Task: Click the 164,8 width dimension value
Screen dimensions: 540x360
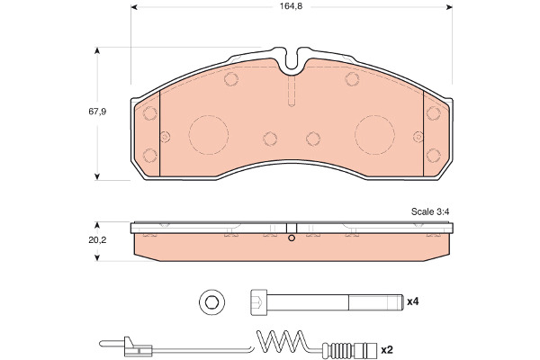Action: click(291, 6)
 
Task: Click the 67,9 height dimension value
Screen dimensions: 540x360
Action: click(97, 112)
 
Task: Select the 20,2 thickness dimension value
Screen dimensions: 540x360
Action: click(97, 240)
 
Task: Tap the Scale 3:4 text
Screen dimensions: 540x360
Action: click(430, 211)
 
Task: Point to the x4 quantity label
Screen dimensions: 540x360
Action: click(412, 301)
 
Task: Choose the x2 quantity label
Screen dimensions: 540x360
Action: click(387, 350)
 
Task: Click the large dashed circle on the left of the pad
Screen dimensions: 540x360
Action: click(209, 115)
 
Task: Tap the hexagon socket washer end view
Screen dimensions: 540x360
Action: click(211, 302)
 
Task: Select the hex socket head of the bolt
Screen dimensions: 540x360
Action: click(258, 302)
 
